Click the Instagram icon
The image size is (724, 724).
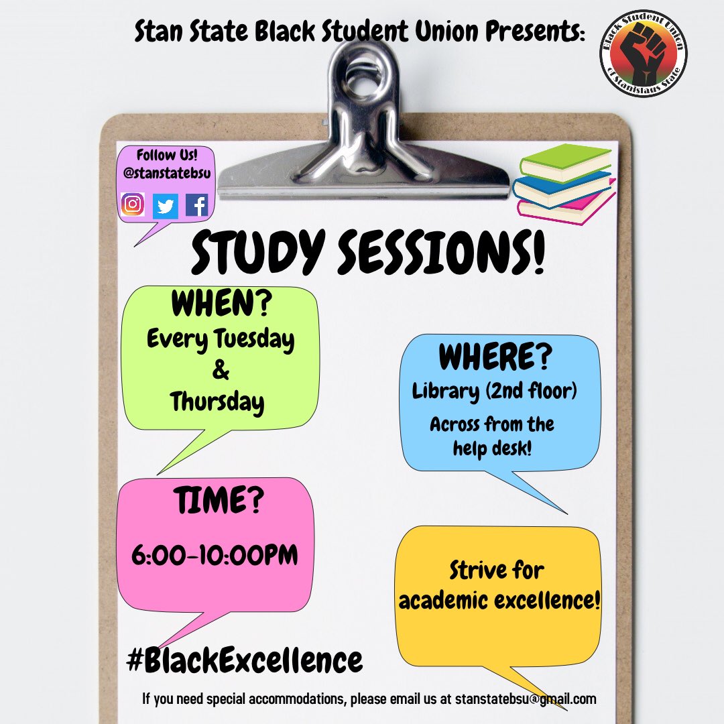[133, 204]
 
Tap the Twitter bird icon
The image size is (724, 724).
[165, 206]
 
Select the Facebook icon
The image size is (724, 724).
[197, 204]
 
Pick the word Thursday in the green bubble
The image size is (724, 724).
[217, 402]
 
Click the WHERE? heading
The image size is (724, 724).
[495, 358]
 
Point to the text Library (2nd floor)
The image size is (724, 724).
[495, 391]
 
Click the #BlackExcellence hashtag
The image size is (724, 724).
[245, 660]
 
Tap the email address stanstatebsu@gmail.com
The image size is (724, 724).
[526, 699]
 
